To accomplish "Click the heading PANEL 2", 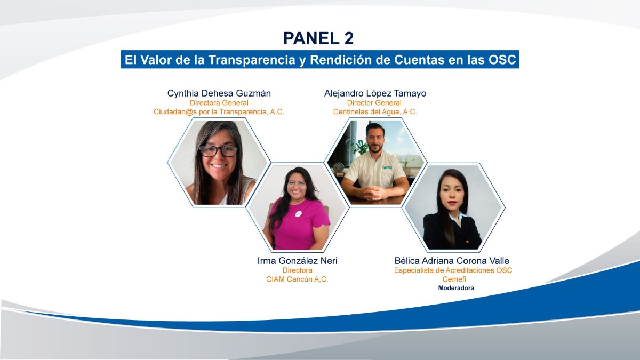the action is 318,38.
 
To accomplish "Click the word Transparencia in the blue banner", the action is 251,60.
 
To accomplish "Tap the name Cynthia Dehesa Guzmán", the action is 219,93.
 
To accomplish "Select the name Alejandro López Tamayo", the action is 375,93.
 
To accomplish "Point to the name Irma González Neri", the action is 297,261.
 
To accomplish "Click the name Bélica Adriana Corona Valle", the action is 452,261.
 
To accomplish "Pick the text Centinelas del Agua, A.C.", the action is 375,111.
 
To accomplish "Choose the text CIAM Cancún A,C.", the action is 297,279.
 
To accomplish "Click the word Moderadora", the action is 456,288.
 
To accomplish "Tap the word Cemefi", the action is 454,279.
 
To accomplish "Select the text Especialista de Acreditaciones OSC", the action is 453,270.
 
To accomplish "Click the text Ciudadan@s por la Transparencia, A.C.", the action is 219,111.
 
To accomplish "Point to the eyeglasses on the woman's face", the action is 219,151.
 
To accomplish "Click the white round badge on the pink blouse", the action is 298,214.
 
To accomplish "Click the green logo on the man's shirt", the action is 387,167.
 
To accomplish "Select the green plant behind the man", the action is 357,146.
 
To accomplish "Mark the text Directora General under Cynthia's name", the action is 219,103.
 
